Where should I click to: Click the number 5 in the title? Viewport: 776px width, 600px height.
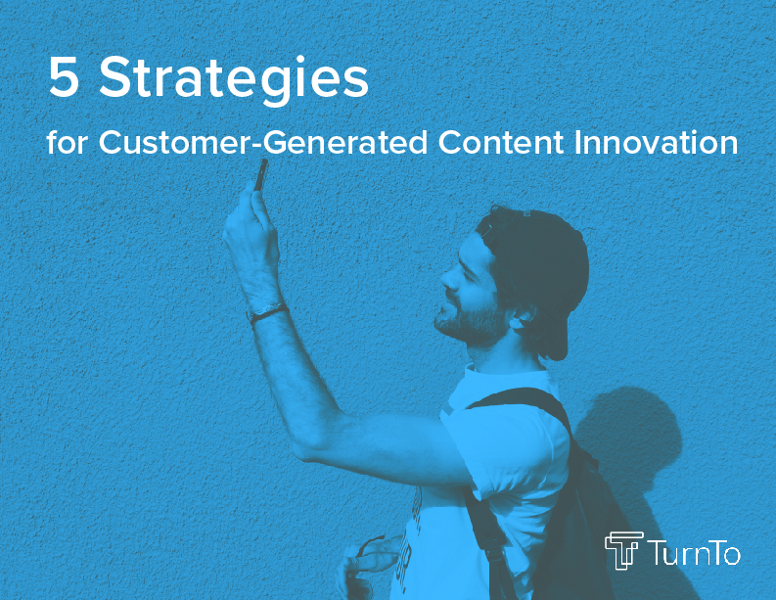pyautogui.click(x=64, y=76)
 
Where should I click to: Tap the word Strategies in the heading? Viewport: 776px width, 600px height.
pyautogui.click(x=234, y=80)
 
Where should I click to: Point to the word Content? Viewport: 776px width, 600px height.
pyautogui.click(x=500, y=143)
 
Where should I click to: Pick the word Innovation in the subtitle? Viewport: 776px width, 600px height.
pyautogui.click(x=656, y=143)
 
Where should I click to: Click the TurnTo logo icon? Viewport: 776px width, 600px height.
pyautogui.click(x=624, y=550)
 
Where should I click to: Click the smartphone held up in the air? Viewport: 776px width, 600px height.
pyautogui.click(x=261, y=174)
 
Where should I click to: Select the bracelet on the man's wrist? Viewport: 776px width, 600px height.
pyautogui.click(x=267, y=313)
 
